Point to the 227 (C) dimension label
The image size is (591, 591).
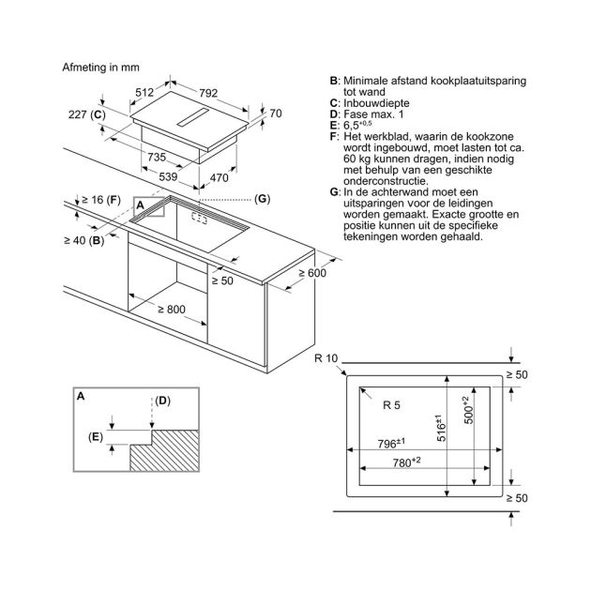[x=95, y=115]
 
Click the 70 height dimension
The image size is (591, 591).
[x=275, y=114]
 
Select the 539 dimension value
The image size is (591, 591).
[x=167, y=177]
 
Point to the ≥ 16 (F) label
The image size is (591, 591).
[x=100, y=199]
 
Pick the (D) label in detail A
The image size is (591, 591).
[x=163, y=401]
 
